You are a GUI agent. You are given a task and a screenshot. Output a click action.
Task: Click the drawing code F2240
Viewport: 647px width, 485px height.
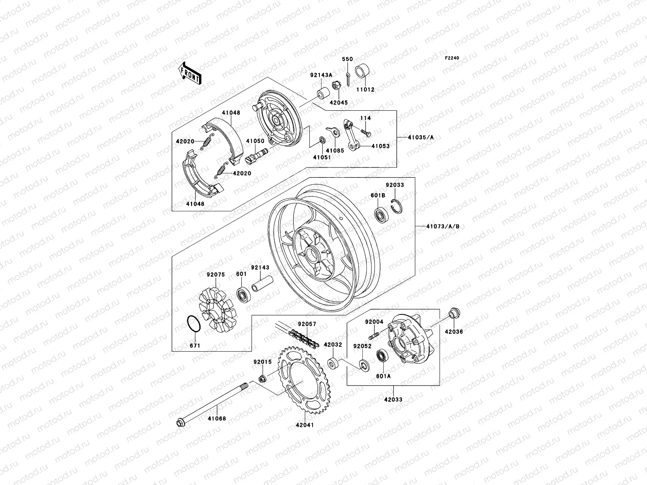pos(452,58)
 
